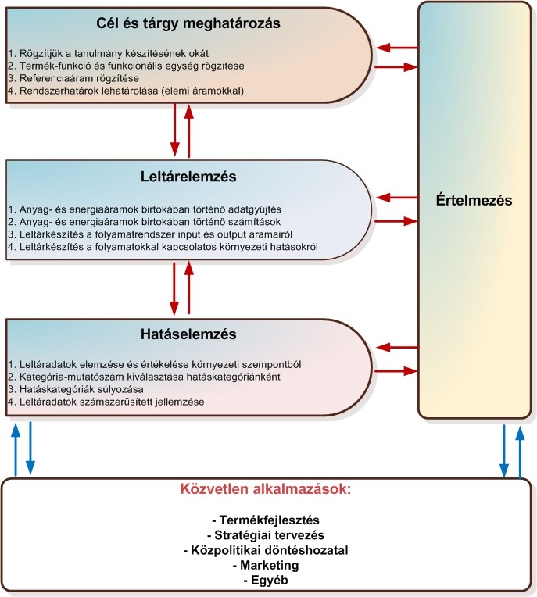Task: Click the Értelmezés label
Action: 475,200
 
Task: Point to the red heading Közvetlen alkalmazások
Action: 267,489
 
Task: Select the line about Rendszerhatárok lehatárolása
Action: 127,91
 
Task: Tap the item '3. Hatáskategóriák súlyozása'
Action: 77,388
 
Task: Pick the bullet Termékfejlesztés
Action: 266,520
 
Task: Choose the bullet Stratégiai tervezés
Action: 266,534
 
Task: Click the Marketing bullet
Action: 266,564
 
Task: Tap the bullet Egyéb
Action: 266,579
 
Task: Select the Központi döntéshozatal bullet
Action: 266,549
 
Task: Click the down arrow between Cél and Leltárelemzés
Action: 174,133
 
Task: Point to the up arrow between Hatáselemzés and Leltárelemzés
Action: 188,288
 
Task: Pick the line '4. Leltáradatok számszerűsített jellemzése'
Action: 106,401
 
